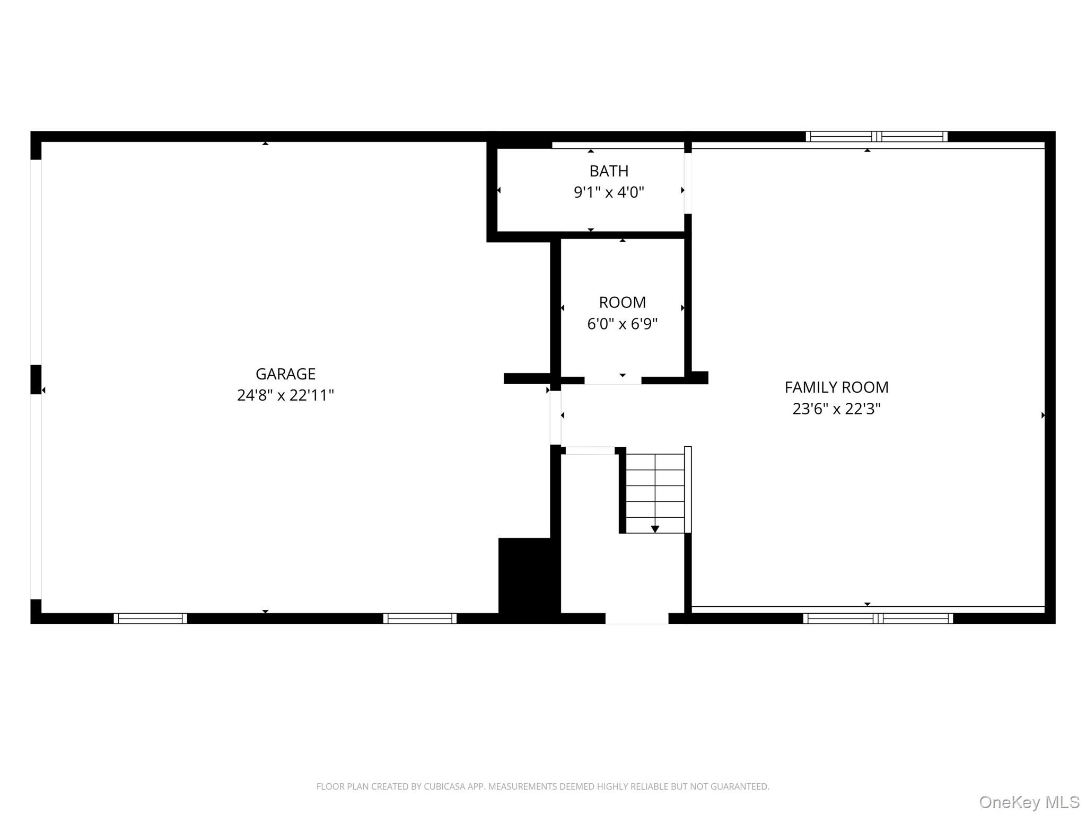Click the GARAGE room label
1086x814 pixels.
point(285,374)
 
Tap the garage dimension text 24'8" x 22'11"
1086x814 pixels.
point(285,395)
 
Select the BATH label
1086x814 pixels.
point(609,171)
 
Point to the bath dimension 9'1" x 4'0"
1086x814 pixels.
point(609,192)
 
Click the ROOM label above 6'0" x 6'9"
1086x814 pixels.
point(622,303)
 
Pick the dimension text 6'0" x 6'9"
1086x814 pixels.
point(622,324)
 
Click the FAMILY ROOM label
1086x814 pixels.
point(836,387)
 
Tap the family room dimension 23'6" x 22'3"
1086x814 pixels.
point(836,409)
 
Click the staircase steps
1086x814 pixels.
point(655,493)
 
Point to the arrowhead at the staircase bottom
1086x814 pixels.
point(655,529)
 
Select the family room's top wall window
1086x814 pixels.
point(877,137)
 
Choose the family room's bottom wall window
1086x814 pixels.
point(878,618)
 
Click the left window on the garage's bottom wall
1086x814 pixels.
point(150,618)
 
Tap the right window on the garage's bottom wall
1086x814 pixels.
point(419,618)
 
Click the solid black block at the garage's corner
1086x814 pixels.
point(529,580)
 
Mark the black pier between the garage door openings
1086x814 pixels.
point(36,379)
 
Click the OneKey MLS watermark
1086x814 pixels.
point(1029,802)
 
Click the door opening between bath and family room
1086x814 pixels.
point(688,183)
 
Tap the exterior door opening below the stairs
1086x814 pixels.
point(637,618)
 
